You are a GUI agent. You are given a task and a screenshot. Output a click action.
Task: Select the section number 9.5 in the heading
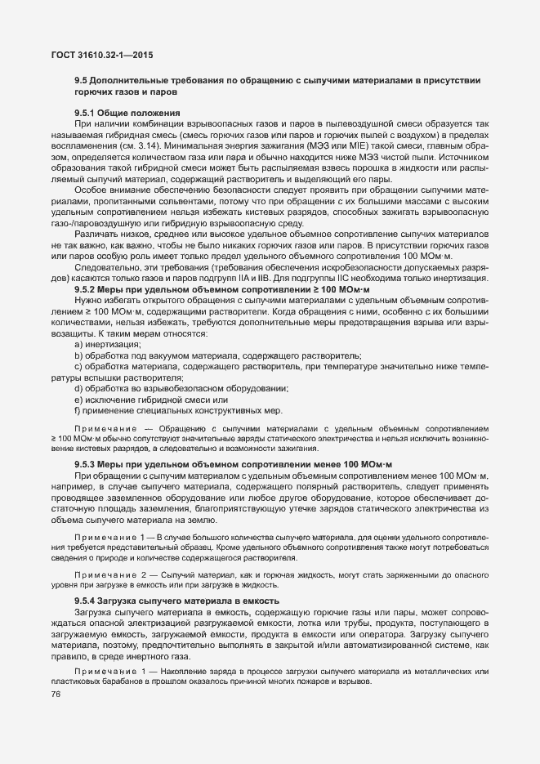pyautogui.click(x=81, y=80)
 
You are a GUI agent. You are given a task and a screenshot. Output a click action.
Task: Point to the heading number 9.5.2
pyautogui.click(x=87, y=289)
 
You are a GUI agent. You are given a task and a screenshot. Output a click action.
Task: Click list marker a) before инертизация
pyautogui.click(x=78, y=345)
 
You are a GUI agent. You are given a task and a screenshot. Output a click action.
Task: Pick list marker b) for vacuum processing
pyautogui.click(x=78, y=356)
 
